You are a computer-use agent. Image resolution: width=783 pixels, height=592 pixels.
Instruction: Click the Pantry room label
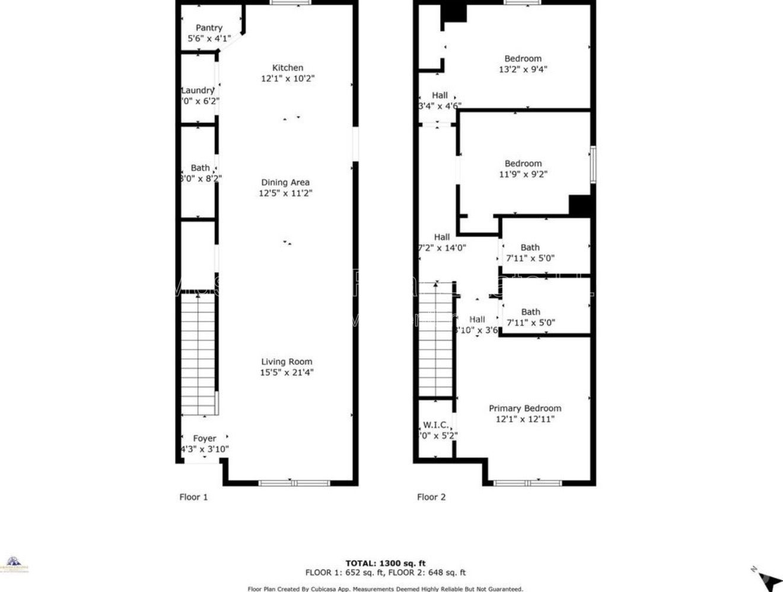[x=209, y=28]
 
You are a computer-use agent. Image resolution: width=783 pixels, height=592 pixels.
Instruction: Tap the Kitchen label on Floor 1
[x=288, y=68]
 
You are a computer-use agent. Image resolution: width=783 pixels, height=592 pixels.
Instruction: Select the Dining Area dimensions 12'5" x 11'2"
[x=285, y=193]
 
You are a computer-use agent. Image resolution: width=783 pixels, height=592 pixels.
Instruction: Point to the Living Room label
[x=287, y=362]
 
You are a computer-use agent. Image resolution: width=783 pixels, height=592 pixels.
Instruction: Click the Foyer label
[x=205, y=438]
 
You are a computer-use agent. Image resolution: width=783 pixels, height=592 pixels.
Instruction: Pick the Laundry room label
[x=198, y=90]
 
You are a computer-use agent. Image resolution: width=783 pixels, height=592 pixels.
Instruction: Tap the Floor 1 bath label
[x=200, y=168]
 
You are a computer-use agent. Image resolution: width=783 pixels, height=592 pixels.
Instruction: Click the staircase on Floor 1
[x=198, y=356]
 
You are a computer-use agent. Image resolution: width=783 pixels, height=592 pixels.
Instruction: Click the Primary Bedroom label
[x=524, y=408]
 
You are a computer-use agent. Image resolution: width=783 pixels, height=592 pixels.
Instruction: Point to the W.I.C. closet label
[x=435, y=425]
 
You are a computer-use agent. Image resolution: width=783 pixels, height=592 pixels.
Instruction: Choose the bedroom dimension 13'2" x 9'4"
[x=523, y=69]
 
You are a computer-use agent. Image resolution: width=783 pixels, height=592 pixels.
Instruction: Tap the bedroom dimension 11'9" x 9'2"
[x=523, y=174]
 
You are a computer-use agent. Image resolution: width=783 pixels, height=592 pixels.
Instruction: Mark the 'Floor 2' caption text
[x=431, y=497]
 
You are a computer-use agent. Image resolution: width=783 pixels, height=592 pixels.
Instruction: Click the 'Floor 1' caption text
[x=193, y=497]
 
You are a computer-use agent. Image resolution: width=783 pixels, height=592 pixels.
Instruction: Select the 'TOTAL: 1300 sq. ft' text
[x=386, y=563]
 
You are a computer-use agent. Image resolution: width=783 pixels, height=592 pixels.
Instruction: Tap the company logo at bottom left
[x=13, y=564]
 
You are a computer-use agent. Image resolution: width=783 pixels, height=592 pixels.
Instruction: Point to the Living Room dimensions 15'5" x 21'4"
[x=287, y=373]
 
